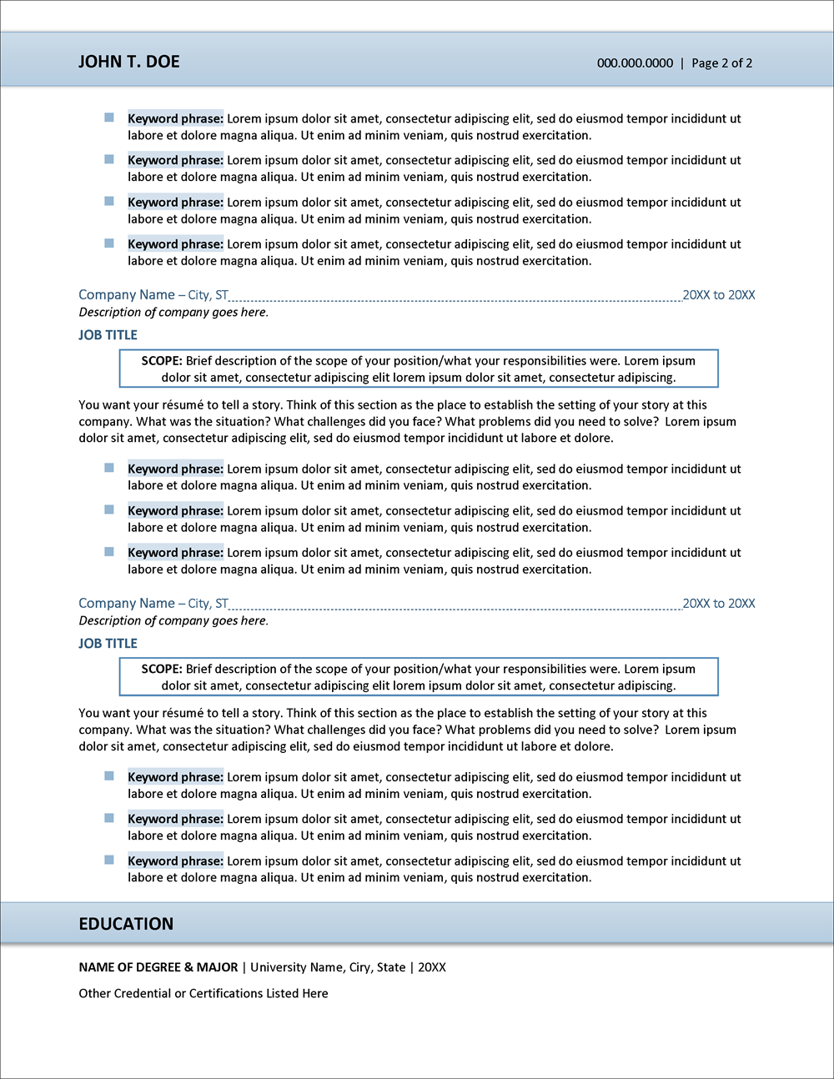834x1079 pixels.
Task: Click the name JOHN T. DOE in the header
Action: tap(128, 62)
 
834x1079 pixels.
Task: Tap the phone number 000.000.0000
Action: tap(635, 63)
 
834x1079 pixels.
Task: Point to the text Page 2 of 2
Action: tap(721, 63)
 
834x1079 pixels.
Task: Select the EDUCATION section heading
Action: tap(126, 924)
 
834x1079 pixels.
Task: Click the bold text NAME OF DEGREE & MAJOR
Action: tap(158, 967)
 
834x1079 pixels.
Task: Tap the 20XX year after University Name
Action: tap(432, 967)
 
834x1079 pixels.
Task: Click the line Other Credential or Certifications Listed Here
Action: tap(203, 993)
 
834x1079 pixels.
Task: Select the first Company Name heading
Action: tap(127, 295)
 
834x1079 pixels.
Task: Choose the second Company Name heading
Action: tap(127, 604)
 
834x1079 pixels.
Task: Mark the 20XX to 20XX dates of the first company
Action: tap(719, 295)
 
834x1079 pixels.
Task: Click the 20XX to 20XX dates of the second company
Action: tap(719, 604)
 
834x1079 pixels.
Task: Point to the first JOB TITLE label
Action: tap(108, 335)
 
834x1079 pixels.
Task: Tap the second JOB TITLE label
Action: tap(108, 644)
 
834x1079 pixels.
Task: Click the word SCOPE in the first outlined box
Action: tap(161, 361)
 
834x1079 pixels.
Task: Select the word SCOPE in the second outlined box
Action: tap(161, 670)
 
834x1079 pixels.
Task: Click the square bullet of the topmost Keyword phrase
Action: tap(109, 118)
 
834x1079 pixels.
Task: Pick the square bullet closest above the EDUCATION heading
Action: tap(109, 860)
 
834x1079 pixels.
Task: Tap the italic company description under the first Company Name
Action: tap(173, 313)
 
